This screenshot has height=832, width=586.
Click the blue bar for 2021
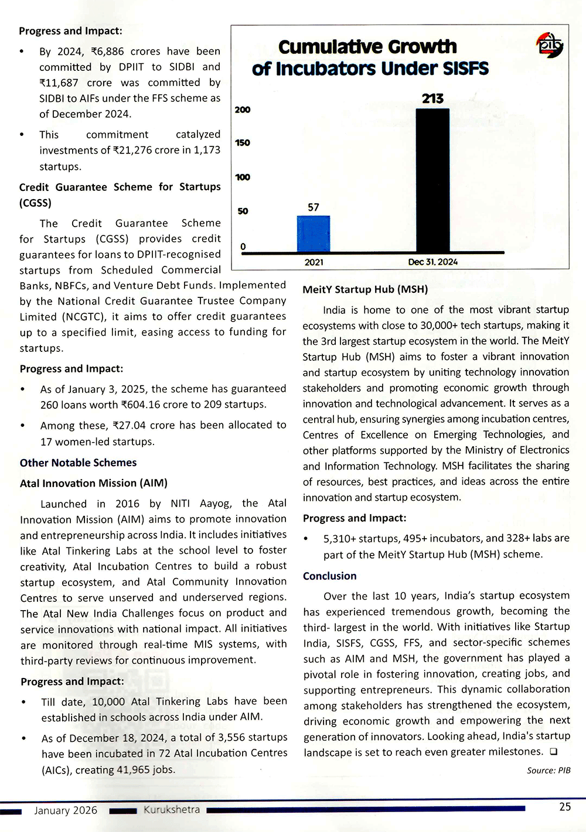click(314, 234)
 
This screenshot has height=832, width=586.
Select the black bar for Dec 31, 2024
click(432, 180)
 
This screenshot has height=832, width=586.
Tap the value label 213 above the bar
click(432, 98)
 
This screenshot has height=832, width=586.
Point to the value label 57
click(314, 207)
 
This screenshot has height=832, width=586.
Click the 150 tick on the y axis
click(243, 143)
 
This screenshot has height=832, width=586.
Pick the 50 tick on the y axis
click(243, 211)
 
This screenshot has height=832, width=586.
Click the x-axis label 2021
click(314, 262)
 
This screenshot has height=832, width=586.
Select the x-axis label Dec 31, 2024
click(432, 262)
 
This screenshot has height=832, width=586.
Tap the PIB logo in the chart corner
click(550, 45)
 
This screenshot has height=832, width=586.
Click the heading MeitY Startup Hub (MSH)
click(365, 289)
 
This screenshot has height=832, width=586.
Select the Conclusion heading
click(329, 576)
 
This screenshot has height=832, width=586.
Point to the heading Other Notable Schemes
click(78, 463)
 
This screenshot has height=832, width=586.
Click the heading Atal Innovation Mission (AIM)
click(94, 483)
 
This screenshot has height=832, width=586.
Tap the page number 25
click(564, 807)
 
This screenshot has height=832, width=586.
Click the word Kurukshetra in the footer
click(172, 810)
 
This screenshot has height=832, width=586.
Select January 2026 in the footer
click(66, 810)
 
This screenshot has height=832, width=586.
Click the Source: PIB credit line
click(548, 771)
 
